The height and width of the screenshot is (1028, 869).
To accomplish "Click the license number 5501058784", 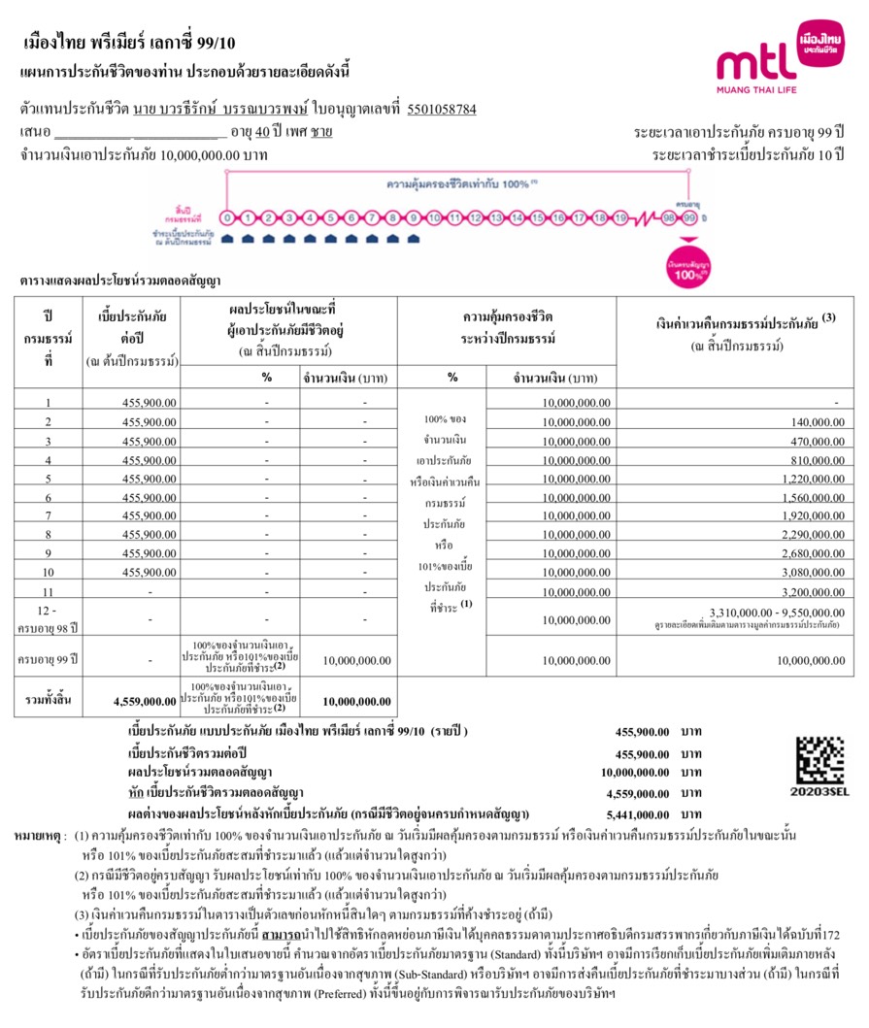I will (x=442, y=109).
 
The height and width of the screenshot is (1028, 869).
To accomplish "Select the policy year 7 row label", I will (x=48, y=516).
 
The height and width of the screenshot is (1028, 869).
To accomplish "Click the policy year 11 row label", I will (x=48, y=591).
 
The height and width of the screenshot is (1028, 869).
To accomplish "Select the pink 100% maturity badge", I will (x=690, y=269).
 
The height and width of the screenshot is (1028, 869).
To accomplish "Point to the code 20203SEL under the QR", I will (x=820, y=792).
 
